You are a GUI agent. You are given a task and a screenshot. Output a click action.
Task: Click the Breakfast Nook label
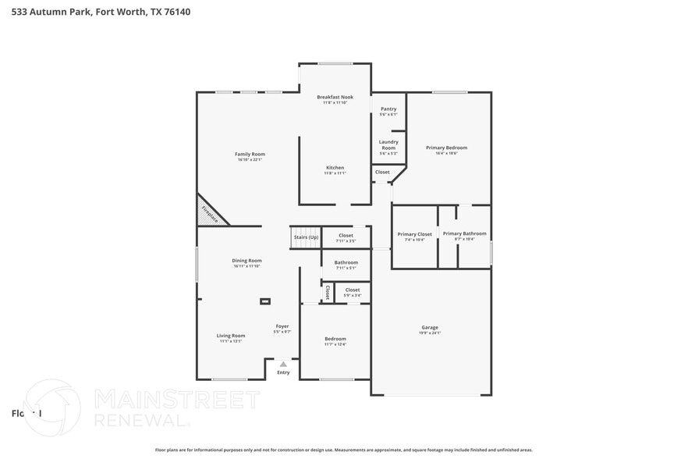click(335, 97)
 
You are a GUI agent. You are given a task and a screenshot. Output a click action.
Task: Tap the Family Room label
click(250, 154)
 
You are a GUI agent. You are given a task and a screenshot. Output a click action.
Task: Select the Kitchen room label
click(335, 168)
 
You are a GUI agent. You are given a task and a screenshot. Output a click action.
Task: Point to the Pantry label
click(388, 109)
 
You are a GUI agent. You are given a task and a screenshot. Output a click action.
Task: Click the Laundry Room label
click(388, 144)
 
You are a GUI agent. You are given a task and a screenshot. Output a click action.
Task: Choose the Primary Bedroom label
click(446, 148)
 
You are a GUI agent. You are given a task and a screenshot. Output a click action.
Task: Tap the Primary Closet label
click(414, 234)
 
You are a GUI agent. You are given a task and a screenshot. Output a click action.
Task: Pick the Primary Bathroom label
click(464, 233)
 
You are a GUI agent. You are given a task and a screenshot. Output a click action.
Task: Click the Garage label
click(430, 327)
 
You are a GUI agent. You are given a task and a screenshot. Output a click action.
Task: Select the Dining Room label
click(246, 260)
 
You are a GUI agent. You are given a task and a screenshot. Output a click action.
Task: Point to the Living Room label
click(231, 336)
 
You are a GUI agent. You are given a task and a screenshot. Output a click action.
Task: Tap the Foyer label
click(282, 326)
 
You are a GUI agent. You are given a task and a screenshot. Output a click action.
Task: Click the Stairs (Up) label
click(306, 237)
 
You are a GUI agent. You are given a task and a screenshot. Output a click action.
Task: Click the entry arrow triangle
click(283, 364)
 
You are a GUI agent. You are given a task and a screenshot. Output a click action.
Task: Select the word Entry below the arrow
click(283, 373)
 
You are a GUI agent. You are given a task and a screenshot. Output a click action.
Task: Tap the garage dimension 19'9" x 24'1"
click(430, 333)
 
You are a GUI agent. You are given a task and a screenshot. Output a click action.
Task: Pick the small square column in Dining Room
click(265, 300)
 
